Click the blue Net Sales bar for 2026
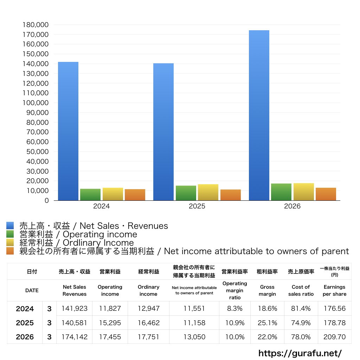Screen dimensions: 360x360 coord(259,115)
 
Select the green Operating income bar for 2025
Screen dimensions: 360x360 coord(186,193)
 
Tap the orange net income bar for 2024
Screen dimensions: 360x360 coord(135,195)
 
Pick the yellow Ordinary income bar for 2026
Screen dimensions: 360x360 coord(303,192)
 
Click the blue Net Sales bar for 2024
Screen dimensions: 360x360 coord(68,131)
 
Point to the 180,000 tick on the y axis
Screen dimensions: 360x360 coord(36,25)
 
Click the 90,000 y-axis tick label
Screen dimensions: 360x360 coord(37,112)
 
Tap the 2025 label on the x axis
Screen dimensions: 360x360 coord(197,206)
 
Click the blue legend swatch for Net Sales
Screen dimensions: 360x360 coord(10,225)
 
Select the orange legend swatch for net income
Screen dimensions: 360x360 coord(10,251)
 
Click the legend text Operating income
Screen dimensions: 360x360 coord(100,234)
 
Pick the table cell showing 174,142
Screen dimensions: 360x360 coord(75,337)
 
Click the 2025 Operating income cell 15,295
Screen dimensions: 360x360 coord(110,323)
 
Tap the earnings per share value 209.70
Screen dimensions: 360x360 coord(335,337)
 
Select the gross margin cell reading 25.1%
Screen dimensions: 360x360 coord(267,323)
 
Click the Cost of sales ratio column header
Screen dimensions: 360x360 coord(301,290)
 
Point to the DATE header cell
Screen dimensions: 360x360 coord(32,290)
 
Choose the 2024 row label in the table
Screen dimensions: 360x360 coord(25,309)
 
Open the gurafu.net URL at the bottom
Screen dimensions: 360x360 coord(300,353)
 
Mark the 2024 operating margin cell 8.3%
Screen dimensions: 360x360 coord(234,308)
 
